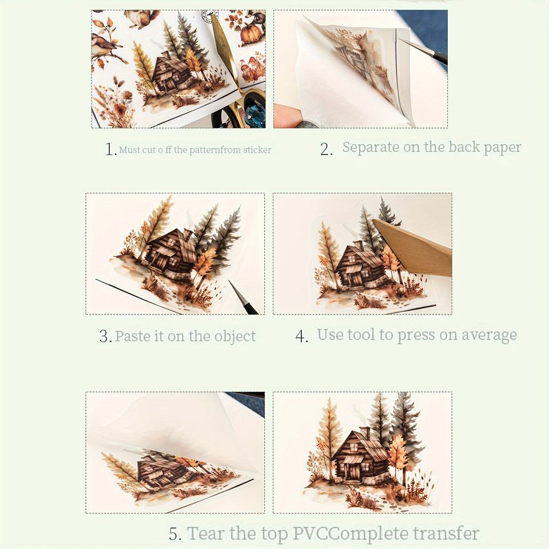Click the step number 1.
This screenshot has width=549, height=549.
pos(110,149)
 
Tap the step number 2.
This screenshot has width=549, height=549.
pos(327,149)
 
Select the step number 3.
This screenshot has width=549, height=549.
pos(105,336)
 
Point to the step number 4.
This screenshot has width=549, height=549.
pos(301,336)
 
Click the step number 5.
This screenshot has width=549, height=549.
pos(175,534)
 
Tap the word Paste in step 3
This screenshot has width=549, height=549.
pos(133,336)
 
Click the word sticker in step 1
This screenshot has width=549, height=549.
pos(257,150)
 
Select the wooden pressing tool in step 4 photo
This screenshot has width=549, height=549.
pos(413,247)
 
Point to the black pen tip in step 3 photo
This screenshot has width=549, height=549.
pos(243,297)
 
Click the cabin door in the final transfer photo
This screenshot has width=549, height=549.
pos(352,472)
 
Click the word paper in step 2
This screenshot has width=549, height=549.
pos(502,148)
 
